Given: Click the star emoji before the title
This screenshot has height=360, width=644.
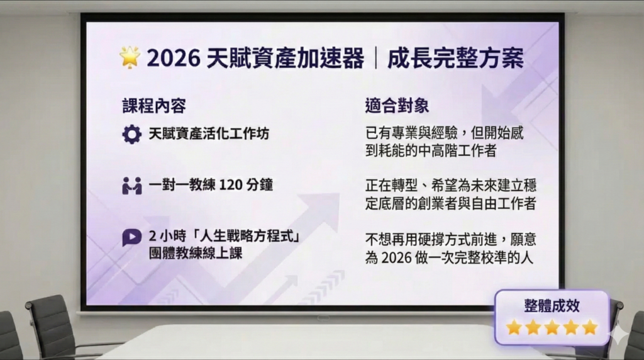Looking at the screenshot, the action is pyautogui.click(x=130, y=57).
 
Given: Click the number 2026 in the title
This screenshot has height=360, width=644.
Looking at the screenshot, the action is pyautogui.click(x=174, y=59).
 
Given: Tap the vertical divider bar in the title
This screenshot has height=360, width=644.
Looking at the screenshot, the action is pyautogui.click(x=376, y=59).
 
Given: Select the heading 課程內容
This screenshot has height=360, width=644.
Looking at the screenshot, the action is pyautogui.click(x=154, y=106).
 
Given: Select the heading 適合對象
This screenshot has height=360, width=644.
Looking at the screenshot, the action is pyautogui.click(x=397, y=106).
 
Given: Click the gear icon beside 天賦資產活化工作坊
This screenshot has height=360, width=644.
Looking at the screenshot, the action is pyautogui.click(x=132, y=135).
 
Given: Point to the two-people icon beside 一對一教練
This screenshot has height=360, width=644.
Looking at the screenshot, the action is pyautogui.click(x=132, y=186).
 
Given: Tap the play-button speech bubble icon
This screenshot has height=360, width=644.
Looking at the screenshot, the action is pyautogui.click(x=132, y=237).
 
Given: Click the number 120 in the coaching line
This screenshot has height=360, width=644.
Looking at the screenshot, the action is pyautogui.click(x=230, y=185).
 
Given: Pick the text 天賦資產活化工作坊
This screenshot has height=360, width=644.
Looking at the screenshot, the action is pyautogui.click(x=209, y=134).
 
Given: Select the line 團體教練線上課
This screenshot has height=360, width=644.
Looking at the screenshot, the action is pyautogui.click(x=196, y=253).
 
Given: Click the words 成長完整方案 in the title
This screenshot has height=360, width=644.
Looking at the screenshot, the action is pyautogui.click(x=455, y=59).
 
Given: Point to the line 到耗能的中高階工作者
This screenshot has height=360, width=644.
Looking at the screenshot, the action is pyautogui.click(x=431, y=151).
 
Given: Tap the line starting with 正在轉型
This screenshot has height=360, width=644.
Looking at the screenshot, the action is pyautogui.click(x=451, y=186).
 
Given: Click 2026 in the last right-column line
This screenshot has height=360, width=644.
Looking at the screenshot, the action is pyautogui.click(x=396, y=258).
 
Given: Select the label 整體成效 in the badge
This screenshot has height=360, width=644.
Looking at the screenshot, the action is pyautogui.click(x=552, y=306).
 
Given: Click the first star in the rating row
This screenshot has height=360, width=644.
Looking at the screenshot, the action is pyautogui.click(x=514, y=327).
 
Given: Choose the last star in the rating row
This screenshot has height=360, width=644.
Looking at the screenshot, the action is pyautogui.click(x=589, y=327).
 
